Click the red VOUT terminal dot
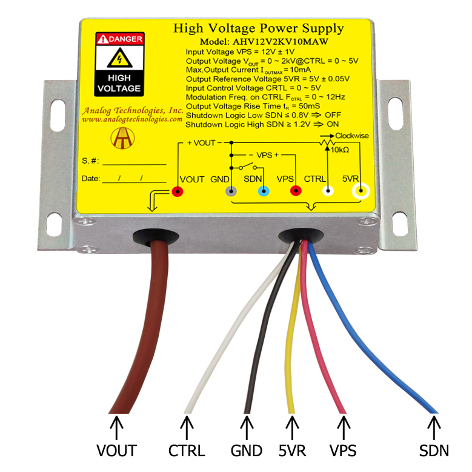tap(178, 192)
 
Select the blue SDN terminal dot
tap(263, 192)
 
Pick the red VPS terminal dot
tap(296, 192)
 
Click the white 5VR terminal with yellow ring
tap(362, 192)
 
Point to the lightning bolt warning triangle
tap(119, 59)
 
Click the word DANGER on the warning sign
tap(125, 39)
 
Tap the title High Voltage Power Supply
tap(258, 28)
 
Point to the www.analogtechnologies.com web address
tap(132, 119)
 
